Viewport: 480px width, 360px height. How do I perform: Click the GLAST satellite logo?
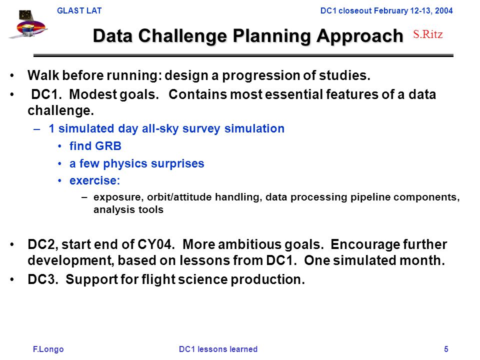pos(28,24)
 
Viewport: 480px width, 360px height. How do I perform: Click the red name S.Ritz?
pos(427,34)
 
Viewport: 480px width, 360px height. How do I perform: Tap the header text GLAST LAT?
pos(79,10)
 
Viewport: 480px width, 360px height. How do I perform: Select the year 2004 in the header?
pos(443,10)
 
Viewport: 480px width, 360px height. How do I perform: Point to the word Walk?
pos(43,75)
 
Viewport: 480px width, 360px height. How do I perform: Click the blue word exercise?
pos(94,180)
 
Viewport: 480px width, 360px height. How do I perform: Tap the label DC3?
pos(43,279)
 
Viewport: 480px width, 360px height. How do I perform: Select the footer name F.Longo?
pos(48,349)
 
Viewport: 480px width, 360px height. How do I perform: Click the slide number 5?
pos(446,349)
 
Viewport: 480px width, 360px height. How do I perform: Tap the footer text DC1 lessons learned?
pos(218,349)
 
